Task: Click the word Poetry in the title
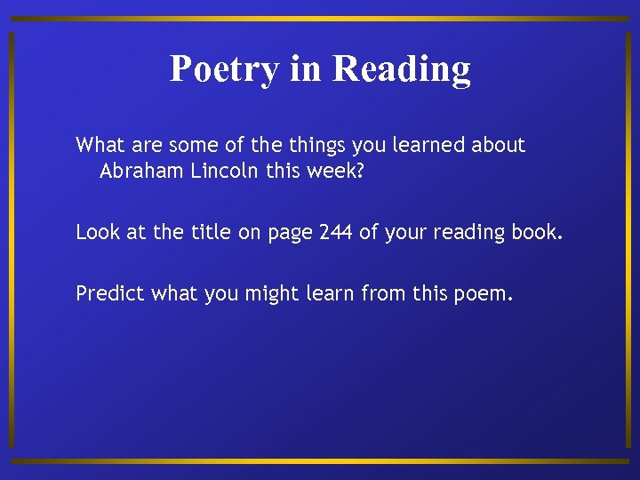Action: point(224,69)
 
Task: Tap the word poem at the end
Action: point(487,293)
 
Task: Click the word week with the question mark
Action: point(336,171)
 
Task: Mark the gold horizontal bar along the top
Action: point(320,18)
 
